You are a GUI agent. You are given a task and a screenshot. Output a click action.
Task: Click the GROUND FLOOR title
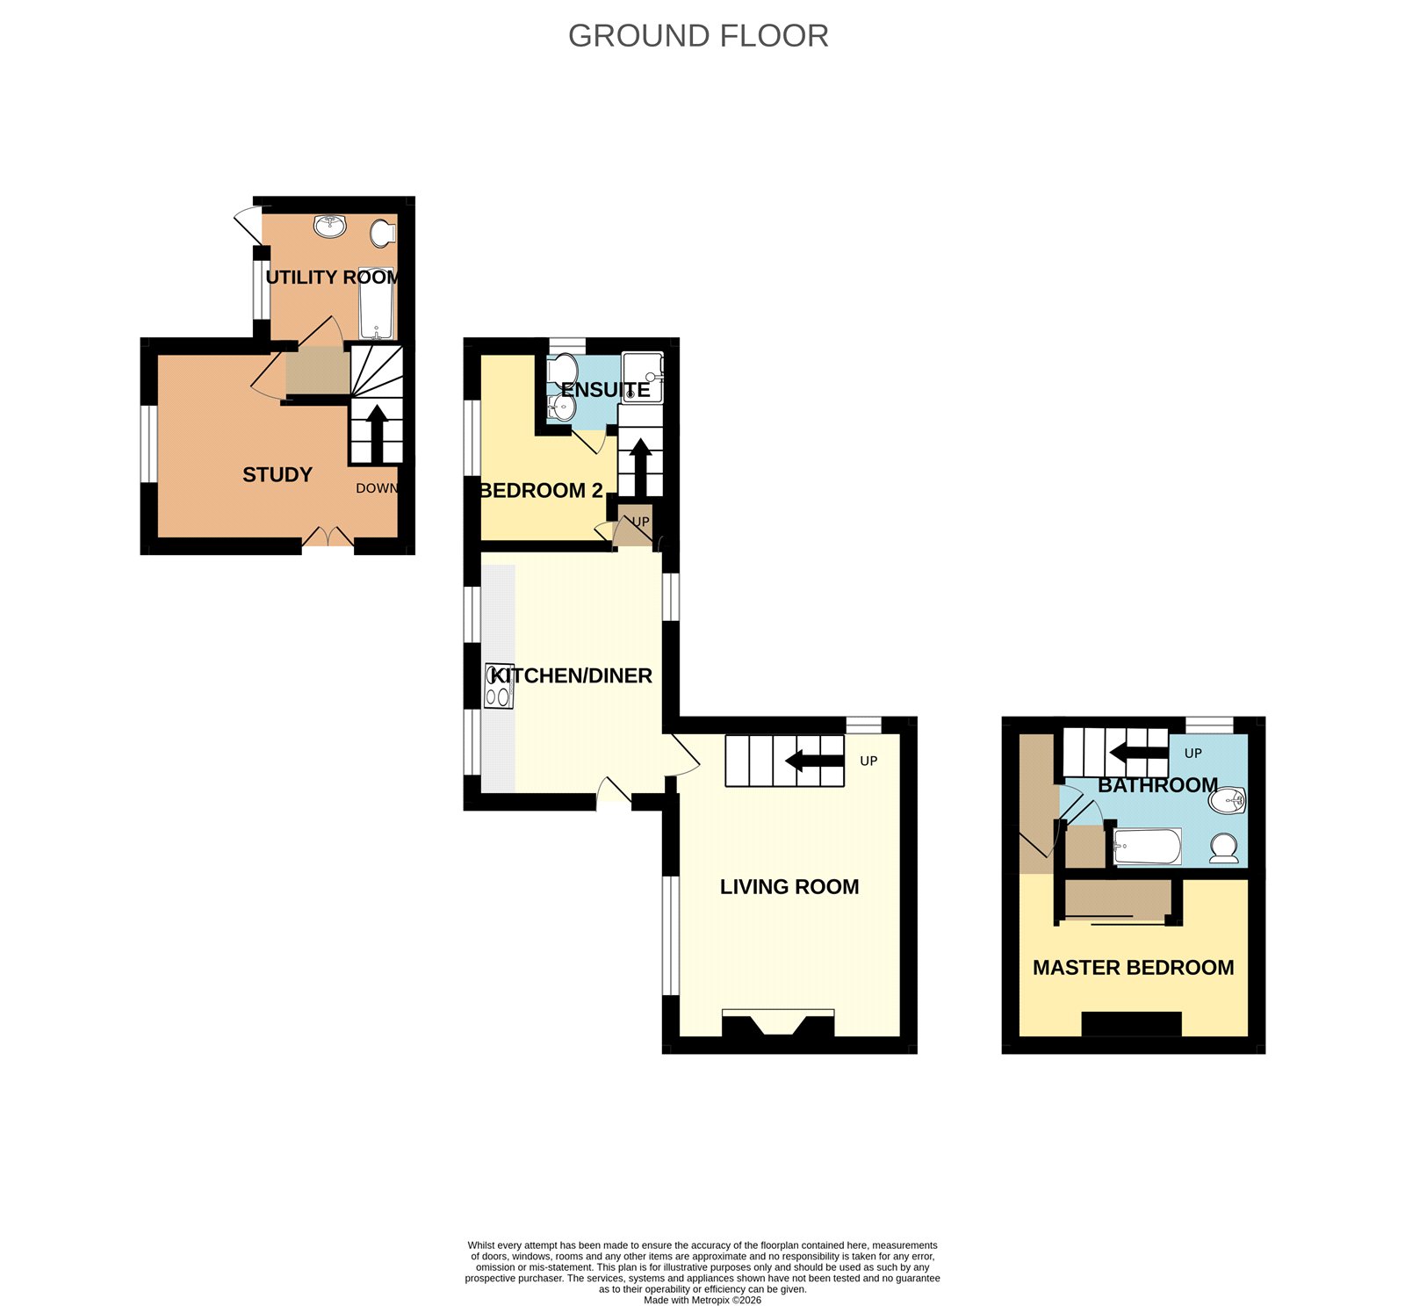click(698, 36)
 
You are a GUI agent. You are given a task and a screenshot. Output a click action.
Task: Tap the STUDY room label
click(277, 475)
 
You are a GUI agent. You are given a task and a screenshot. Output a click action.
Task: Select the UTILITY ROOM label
click(333, 278)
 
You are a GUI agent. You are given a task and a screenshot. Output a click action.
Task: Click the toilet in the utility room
click(383, 233)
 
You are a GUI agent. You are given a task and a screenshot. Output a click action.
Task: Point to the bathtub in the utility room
click(377, 303)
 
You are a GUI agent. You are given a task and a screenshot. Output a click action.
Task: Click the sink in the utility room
click(331, 226)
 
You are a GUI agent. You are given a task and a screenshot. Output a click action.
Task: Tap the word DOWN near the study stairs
click(378, 488)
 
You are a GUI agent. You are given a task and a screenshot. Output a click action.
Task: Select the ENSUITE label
click(605, 390)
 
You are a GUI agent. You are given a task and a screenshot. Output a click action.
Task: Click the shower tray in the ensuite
click(642, 377)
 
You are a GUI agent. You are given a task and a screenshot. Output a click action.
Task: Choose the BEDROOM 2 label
click(541, 490)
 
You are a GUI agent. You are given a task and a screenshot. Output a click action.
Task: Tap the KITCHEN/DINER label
click(572, 675)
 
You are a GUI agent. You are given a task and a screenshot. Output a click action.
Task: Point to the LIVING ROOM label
click(789, 887)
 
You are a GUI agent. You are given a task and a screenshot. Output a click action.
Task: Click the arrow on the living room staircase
click(815, 761)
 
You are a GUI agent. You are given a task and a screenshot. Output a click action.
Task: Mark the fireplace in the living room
click(778, 1024)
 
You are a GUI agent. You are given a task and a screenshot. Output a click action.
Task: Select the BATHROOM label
click(1158, 785)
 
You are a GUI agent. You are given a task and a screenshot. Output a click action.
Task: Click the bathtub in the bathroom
click(1147, 847)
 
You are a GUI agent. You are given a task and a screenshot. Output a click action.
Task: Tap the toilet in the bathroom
click(1223, 848)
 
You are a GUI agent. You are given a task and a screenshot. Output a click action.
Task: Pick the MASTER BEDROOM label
click(1134, 968)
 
